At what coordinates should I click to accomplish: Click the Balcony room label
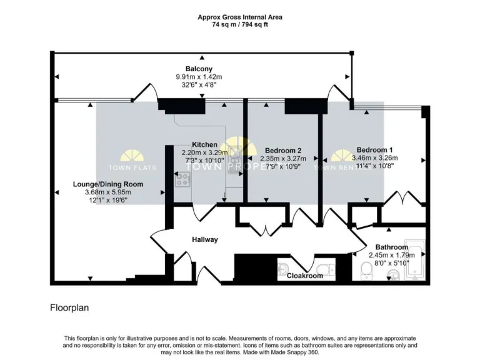(199, 69)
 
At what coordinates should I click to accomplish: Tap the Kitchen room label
(204, 144)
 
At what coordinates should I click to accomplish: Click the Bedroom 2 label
(283, 151)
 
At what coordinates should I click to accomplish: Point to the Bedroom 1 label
(374, 150)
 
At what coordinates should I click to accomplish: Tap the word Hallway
(204, 239)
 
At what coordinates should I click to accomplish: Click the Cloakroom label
(304, 276)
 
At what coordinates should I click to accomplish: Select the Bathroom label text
(391, 247)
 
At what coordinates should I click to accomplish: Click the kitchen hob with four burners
(182, 180)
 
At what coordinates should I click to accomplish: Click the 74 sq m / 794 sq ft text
(239, 24)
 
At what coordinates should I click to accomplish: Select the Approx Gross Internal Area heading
(239, 17)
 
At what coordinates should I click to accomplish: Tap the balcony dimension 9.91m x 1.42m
(199, 77)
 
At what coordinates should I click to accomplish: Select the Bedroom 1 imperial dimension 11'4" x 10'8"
(374, 166)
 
